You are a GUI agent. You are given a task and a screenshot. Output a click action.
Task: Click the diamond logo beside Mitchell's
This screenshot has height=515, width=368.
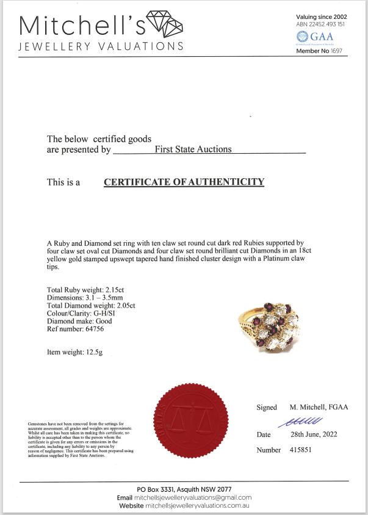pyautogui.click(x=166, y=24)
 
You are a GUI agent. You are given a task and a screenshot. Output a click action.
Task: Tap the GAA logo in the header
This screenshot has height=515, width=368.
pyautogui.click(x=311, y=38)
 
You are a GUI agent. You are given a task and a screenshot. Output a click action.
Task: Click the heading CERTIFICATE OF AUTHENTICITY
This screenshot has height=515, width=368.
pyautogui.click(x=184, y=182)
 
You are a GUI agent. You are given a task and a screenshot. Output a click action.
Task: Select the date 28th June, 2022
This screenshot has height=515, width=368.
pyautogui.click(x=311, y=434)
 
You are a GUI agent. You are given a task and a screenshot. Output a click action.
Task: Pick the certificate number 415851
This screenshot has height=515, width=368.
pyautogui.click(x=298, y=450)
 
